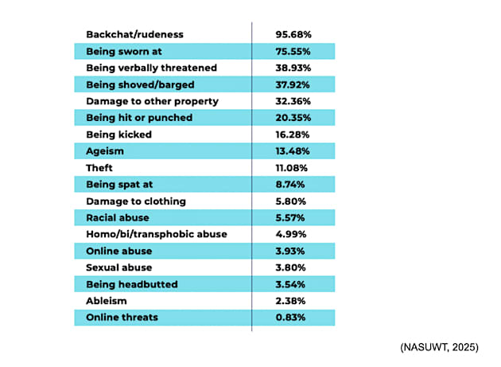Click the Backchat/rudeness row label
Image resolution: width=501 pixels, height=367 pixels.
point(134,34)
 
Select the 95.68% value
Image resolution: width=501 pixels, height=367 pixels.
point(294,34)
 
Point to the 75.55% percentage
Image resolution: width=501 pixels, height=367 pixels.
point(294,51)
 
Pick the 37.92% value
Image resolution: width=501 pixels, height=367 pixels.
point(294,84)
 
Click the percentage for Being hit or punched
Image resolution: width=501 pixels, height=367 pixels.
point(294,118)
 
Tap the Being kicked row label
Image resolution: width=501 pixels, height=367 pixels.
point(118,135)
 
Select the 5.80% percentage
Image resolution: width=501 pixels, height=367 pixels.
point(292,201)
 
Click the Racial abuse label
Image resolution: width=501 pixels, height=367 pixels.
point(118,217)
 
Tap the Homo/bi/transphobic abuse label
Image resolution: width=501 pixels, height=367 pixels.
point(156,234)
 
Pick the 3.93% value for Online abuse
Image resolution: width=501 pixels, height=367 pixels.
point(292,251)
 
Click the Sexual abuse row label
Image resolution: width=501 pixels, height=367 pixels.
point(118,267)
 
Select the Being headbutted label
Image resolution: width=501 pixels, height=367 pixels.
point(130,284)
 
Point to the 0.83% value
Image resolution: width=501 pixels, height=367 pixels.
point(292,318)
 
